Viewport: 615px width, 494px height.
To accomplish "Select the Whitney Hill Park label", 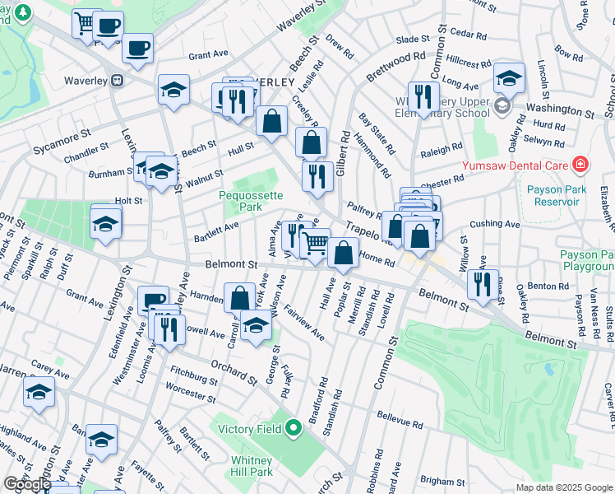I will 249,467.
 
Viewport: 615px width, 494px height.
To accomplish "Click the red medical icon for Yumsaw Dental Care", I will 581,164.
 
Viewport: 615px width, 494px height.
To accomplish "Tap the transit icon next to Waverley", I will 118,81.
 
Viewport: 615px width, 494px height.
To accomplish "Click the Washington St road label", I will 560,109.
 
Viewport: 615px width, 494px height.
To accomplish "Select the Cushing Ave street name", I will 495,224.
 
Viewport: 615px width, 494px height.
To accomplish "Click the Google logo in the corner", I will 26,485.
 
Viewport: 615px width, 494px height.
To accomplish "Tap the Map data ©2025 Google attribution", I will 564,487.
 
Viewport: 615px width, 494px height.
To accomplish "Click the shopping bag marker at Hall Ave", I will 344,253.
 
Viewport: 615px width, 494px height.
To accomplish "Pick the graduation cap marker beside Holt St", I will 106,223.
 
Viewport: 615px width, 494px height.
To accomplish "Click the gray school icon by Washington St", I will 502,106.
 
